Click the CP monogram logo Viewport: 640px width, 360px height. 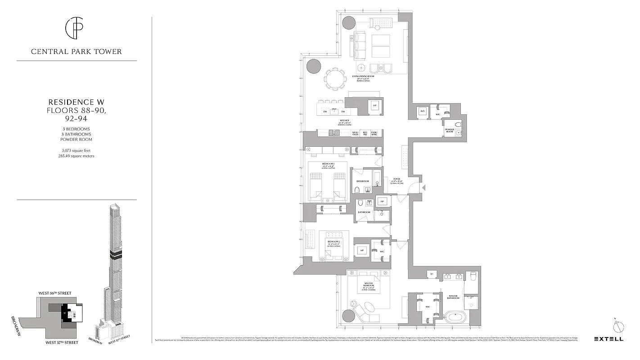pos(76,28)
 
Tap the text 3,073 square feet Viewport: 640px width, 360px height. pos(76,150)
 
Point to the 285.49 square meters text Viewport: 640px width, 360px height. pos(76,156)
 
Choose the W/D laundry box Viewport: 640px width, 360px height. pos(423,111)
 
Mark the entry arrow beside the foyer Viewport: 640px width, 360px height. pos(423,187)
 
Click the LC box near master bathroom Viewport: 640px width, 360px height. pos(432,274)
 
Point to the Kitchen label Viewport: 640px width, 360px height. pos(345,121)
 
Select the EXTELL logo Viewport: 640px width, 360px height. pos(608,339)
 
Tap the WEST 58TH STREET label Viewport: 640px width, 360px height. pos(55,293)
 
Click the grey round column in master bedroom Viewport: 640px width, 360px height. pos(349,316)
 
